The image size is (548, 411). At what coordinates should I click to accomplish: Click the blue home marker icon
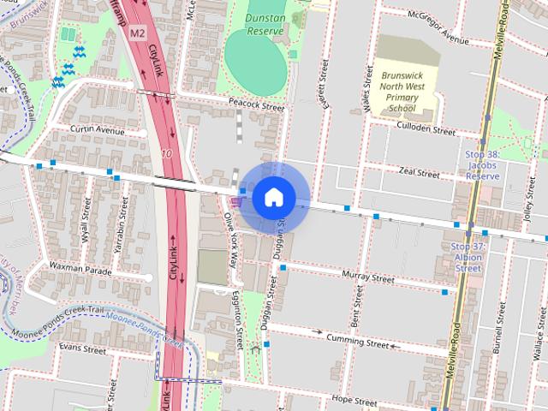point(273,197)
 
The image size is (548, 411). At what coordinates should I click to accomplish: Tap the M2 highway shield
point(138,33)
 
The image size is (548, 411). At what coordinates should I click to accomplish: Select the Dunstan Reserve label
point(265,24)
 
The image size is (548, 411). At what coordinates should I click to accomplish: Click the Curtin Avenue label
point(97,131)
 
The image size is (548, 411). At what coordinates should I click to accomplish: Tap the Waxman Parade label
point(80,269)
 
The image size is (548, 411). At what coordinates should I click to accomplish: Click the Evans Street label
point(82,349)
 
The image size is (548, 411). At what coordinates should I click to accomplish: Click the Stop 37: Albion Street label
point(468,257)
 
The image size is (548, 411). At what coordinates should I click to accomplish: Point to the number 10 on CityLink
point(166,154)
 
